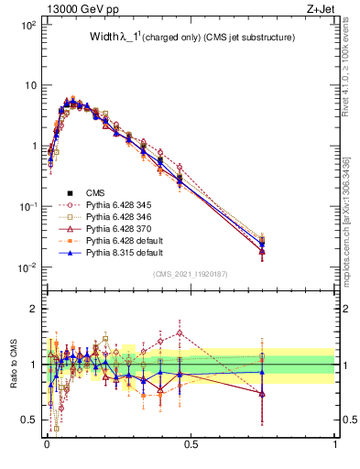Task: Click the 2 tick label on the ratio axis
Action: tap(35, 309)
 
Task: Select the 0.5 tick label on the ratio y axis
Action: tap(30, 420)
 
